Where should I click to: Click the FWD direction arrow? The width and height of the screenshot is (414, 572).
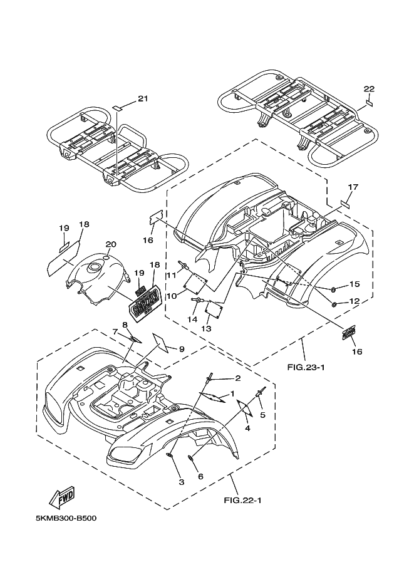coord(63,498)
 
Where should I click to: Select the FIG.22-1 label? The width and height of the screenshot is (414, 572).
coord(242,500)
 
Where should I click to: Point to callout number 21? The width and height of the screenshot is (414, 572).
coord(143,99)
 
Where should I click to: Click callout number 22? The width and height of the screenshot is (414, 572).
coord(369,88)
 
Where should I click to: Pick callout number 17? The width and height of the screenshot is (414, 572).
coord(353,187)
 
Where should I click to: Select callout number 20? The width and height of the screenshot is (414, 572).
coord(110,244)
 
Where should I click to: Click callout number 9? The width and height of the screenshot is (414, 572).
coord(182,348)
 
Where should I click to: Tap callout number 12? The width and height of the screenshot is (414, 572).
coord(354,301)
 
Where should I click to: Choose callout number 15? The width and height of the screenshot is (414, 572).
coord(354,284)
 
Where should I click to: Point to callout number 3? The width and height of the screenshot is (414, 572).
coord(182,482)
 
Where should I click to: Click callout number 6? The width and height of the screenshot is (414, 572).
coord(201,476)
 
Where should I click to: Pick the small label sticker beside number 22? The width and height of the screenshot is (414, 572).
coord(370,102)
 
